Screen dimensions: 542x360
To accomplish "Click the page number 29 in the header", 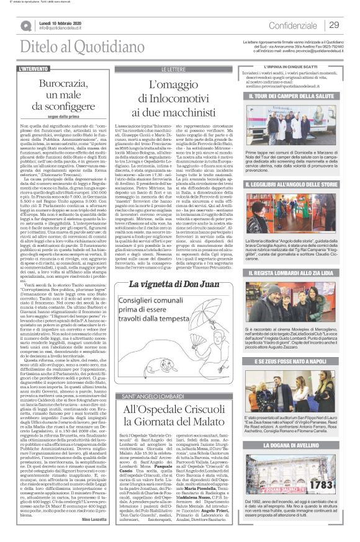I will pyautogui.click(x=334, y=25).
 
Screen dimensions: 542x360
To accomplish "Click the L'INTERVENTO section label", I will pyautogui.click(x=34, y=68).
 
